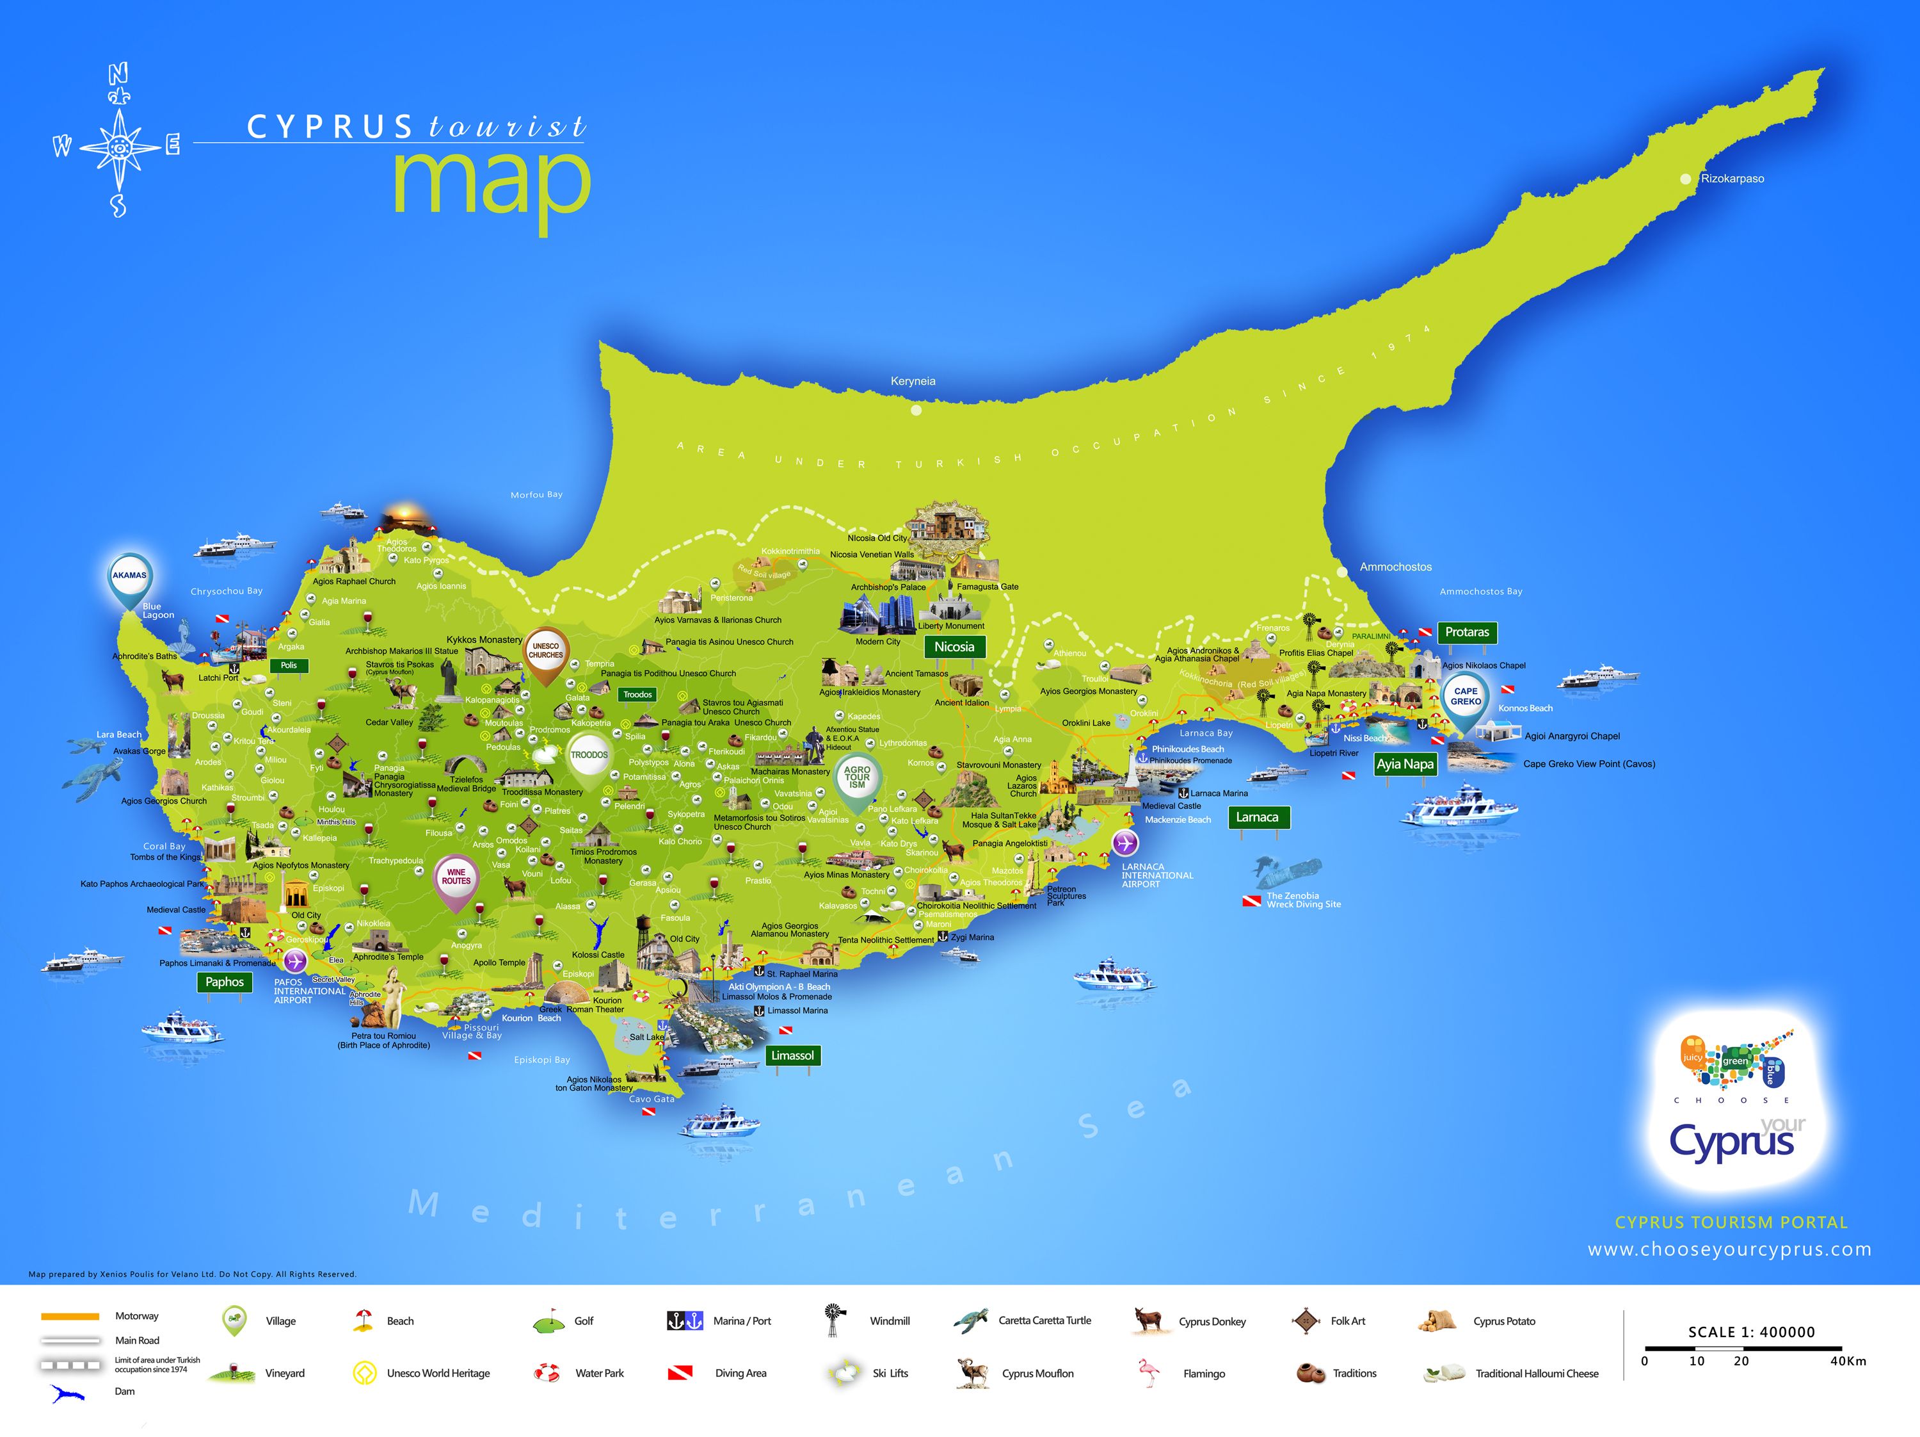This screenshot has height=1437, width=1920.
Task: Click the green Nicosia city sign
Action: tap(954, 647)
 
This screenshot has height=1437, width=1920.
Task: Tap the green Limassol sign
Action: tap(792, 1056)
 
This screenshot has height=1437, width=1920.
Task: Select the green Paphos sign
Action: tap(225, 982)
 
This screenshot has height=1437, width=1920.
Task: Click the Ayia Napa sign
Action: tap(1405, 764)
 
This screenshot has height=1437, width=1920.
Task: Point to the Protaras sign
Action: tap(1467, 632)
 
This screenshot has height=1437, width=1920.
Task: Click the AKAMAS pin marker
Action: tap(129, 576)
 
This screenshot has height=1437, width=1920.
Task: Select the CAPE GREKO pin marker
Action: tap(1465, 697)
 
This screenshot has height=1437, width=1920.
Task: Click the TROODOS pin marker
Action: tap(589, 756)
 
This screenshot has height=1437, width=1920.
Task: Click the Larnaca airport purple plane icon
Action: tap(1125, 842)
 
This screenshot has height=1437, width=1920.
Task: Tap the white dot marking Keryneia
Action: tap(916, 410)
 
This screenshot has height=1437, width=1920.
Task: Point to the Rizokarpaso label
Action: tap(1732, 179)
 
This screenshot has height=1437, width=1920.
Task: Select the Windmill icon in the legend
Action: tap(834, 1320)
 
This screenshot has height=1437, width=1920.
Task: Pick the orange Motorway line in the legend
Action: tap(69, 1317)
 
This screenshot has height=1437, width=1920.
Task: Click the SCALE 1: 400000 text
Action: tap(1751, 1332)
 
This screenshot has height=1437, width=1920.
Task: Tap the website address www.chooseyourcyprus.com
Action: tap(1729, 1249)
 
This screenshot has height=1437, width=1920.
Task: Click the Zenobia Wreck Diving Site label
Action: tap(1303, 900)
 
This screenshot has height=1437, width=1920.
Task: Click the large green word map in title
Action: tap(492, 184)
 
